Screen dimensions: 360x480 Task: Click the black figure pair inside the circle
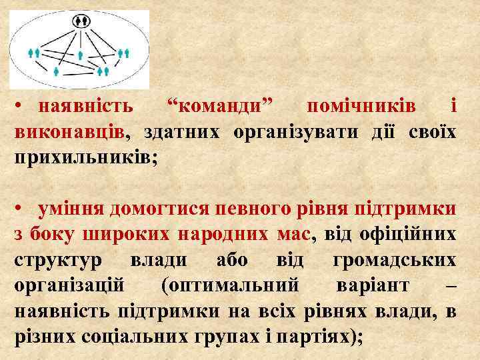(81, 21)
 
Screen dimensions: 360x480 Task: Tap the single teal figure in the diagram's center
(81, 55)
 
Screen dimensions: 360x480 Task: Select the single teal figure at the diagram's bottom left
(56, 69)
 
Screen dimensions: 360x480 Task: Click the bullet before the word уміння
(21, 209)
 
